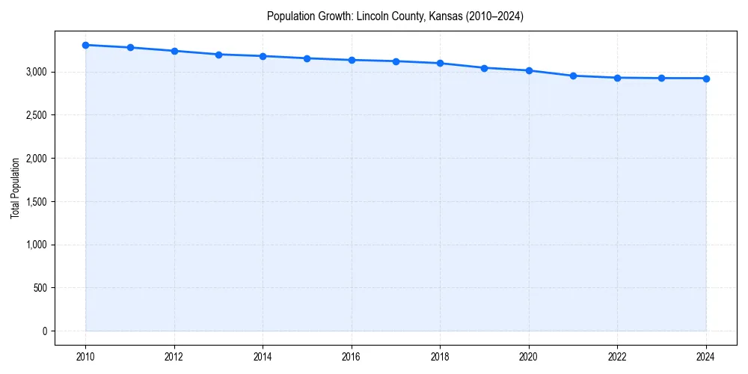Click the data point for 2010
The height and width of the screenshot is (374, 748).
85,45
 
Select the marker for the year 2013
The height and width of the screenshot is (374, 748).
218,55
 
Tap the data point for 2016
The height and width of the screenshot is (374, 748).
352,60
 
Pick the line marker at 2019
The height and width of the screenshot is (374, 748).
485,68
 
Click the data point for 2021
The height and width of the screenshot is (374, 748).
573,76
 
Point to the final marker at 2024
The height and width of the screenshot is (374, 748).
706,79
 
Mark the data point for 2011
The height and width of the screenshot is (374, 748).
130,47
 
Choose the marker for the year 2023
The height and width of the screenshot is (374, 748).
662,79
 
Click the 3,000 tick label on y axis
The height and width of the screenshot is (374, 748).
36,72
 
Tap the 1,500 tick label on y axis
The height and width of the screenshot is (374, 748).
36,202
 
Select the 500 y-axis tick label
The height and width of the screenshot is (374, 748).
40,288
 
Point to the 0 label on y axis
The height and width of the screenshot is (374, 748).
44,331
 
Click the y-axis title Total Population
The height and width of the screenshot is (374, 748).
15,188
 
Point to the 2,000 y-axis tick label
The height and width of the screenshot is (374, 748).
36,159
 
